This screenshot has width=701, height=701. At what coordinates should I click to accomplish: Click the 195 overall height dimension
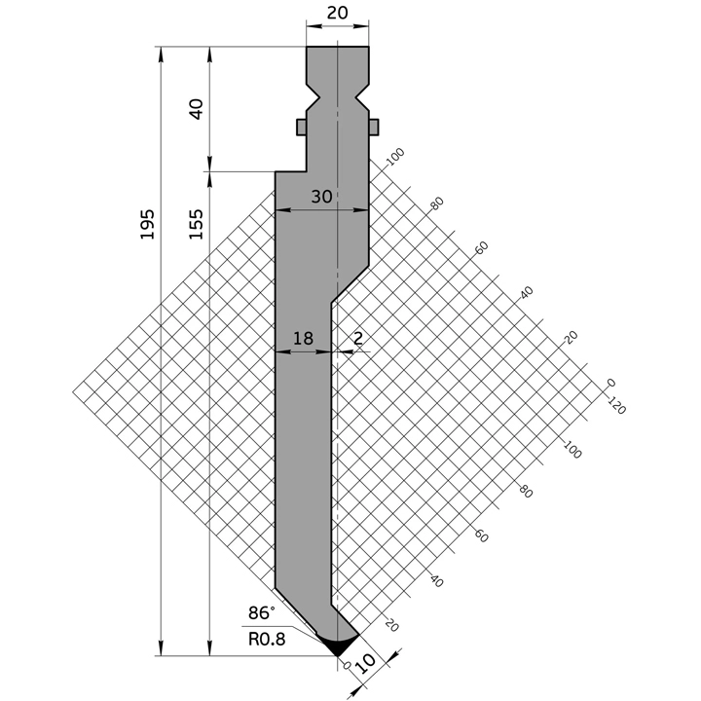click(x=146, y=226)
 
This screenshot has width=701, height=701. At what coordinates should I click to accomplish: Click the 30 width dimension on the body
click(x=321, y=197)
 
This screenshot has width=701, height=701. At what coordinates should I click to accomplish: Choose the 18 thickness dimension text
click(x=302, y=339)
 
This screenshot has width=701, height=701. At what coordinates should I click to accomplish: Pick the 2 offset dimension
click(x=358, y=339)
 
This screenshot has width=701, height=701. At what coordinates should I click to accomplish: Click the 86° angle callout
click(x=261, y=613)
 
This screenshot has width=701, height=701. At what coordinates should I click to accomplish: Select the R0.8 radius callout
click(x=267, y=640)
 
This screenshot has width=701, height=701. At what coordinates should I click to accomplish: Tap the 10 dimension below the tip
click(x=365, y=665)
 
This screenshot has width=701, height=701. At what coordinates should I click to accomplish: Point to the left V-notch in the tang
click(x=313, y=97)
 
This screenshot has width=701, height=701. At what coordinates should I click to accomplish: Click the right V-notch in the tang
click(x=364, y=97)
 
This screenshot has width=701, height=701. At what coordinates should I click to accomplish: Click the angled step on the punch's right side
click(x=350, y=281)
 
